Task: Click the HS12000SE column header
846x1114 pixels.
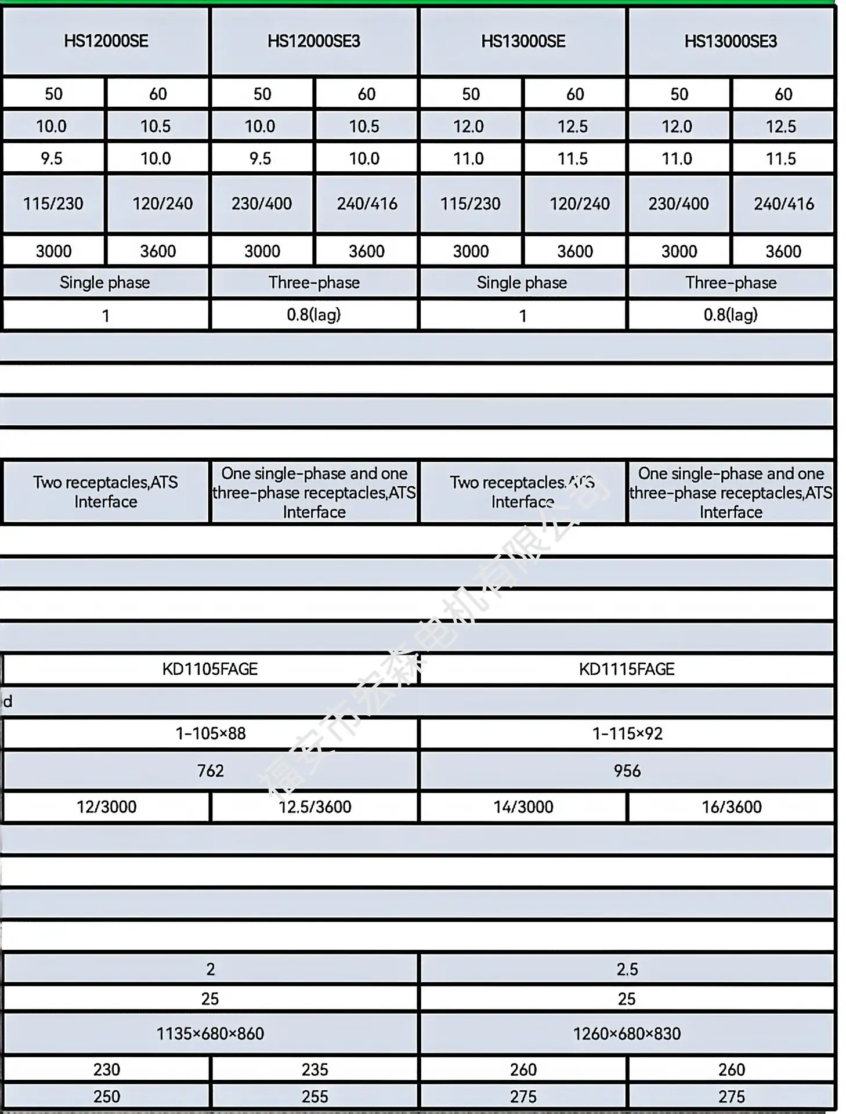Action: point(106,41)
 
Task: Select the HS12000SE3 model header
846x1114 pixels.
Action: point(314,41)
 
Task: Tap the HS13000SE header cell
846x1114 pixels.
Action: point(523,41)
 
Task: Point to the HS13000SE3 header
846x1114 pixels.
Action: point(731,41)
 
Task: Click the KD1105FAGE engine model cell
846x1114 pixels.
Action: point(210,669)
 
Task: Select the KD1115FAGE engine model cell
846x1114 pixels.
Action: point(627,669)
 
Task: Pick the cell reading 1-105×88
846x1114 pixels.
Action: point(210,733)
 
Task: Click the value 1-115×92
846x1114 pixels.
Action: point(627,733)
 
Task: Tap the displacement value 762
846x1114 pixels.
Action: point(210,771)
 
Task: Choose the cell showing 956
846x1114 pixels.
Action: point(627,771)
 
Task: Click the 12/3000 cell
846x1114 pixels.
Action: point(106,806)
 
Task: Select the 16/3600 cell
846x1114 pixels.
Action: point(731,806)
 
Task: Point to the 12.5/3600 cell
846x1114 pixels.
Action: point(314,806)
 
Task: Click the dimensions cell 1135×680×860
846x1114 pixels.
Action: point(210,1033)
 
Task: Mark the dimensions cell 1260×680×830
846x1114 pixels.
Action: point(627,1033)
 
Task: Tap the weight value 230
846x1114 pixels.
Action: point(106,1069)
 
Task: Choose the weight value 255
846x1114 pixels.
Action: point(314,1097)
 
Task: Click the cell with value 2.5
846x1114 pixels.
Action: point(627,969)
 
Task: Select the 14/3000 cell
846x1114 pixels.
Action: point(523,806)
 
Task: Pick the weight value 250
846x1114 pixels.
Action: point(106,1097)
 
